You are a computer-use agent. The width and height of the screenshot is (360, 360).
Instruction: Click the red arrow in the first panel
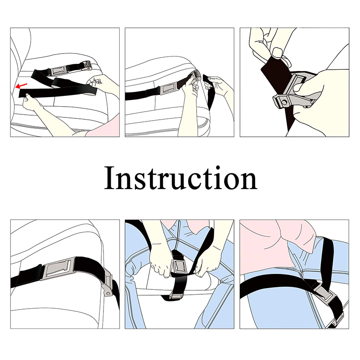click(x=21, y=86)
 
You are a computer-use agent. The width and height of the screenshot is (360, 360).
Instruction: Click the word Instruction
click(x=181, y=178)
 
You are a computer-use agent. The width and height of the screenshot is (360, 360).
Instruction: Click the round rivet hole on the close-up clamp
click(x=284, y=102)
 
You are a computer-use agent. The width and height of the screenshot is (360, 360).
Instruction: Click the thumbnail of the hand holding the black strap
click(x=277, y=52)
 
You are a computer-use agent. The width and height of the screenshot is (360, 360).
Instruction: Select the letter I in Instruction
click(x=109, y=178)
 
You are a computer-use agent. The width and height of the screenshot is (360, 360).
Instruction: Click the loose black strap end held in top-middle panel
click(x=209, y=91)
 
